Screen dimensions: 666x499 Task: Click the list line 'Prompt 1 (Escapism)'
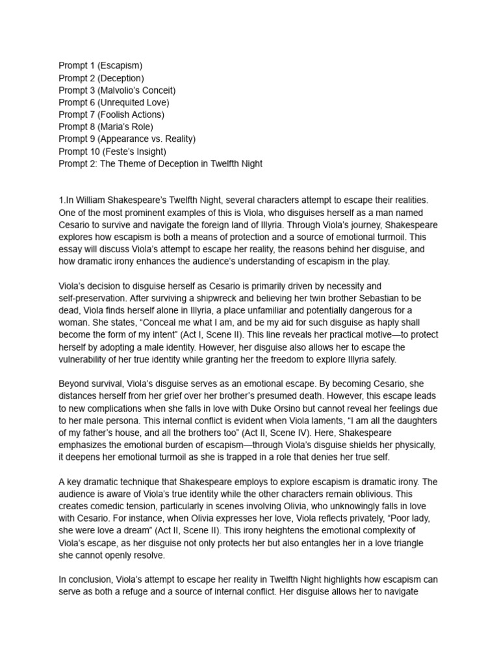[101, 66]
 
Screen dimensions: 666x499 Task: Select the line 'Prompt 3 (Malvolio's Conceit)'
[117, 90]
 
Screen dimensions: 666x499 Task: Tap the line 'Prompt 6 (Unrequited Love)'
[114, 103]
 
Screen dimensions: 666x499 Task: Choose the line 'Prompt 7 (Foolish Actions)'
[111, 114]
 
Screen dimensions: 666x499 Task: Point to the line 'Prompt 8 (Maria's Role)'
[106, 127]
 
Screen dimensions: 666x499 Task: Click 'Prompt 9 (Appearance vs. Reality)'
[127, 139]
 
